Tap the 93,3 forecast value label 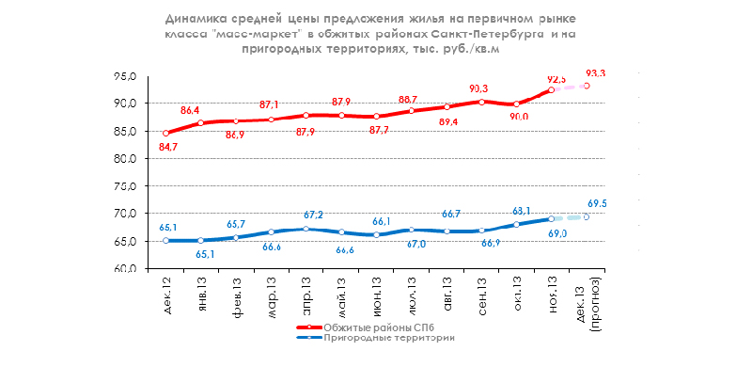click(595, 72)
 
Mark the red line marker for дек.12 click(166, 133)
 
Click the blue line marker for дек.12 click(166, 241)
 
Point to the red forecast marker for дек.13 click(587, 86)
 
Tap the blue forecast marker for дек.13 click(587, 216)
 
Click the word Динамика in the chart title click(195, 18)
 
